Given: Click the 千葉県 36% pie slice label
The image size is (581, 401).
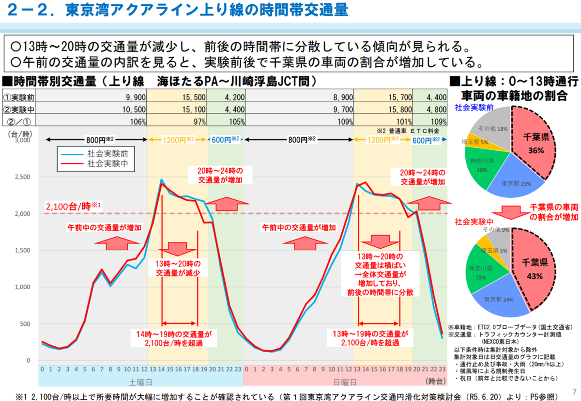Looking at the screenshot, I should tap(535, 144).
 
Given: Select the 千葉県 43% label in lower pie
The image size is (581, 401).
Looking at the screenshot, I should tap(535, 269).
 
